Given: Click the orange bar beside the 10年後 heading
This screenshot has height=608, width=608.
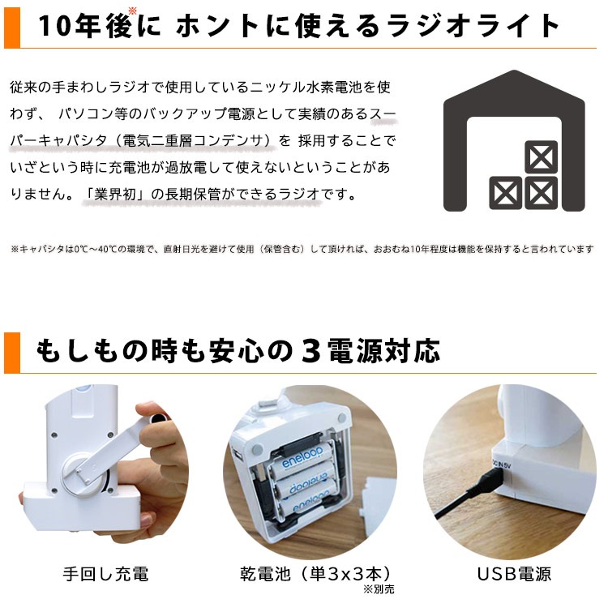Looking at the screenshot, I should tap(10, 24).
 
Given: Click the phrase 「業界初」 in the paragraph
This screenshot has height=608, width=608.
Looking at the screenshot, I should tap(114, 196).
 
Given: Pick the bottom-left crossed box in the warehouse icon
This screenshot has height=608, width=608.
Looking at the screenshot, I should tap(506, 194).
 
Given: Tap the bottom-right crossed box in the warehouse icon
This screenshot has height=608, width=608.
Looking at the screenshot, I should tap(540, 194).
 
